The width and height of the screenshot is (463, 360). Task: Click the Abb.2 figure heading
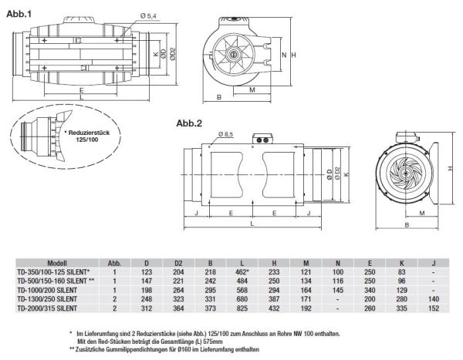point(189,123)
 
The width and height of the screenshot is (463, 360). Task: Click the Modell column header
point(83,262)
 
